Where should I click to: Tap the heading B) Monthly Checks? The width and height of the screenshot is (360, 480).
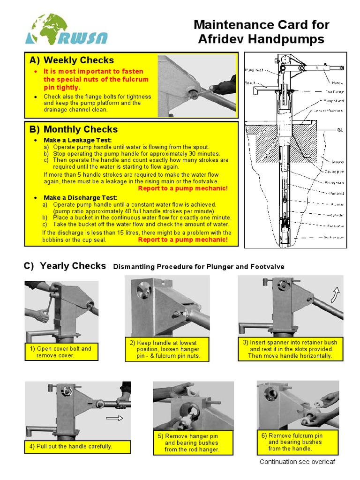(x=73, y=129)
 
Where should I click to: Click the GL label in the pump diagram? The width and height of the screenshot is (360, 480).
(x=340, y=129)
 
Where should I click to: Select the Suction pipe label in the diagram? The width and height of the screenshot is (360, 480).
(x=334, y=237)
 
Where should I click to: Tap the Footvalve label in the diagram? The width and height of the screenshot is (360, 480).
(x=334, y=226)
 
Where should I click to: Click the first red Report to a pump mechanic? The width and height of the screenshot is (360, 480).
(x=183, y=188)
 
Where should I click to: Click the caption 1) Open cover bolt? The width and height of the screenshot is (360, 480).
(x=61, y=352)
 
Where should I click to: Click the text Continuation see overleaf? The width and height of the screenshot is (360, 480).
(x=297, y=462)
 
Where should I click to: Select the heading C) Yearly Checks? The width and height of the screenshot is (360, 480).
(x=65, y=266)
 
